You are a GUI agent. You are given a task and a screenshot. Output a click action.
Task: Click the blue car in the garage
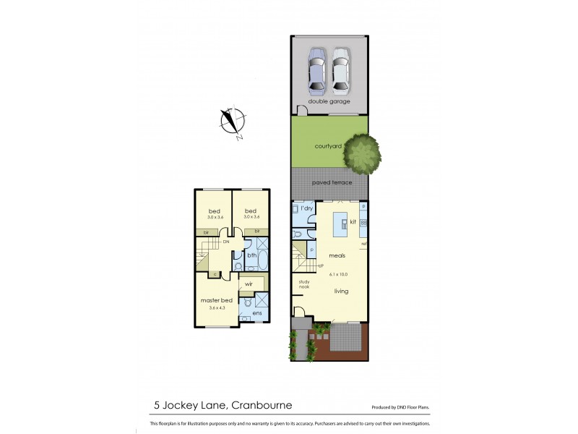(316, 71)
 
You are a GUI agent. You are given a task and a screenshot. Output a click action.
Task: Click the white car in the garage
(340, 71)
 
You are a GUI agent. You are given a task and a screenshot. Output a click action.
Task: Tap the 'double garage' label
(329, 101)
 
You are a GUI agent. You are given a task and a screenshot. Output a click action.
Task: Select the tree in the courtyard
(362, 153)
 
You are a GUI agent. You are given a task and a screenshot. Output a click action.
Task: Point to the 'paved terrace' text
(332, 182)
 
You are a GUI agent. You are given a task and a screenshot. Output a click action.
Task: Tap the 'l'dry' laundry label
(306, 208)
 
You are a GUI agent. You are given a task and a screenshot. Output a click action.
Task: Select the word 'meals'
(337, 255)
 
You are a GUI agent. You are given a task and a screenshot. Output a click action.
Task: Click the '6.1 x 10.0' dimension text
(338, 274)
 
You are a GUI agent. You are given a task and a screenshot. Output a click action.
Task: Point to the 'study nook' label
(304, 285)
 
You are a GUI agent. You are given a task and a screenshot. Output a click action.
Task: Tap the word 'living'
(341, 292)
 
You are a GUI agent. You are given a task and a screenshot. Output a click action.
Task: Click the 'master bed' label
(216, 300)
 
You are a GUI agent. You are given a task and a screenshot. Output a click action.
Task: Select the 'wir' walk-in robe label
(249, 284)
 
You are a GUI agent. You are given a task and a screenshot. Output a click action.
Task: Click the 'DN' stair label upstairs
(226, 242)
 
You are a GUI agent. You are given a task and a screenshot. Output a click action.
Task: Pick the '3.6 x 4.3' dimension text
(216, 308)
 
